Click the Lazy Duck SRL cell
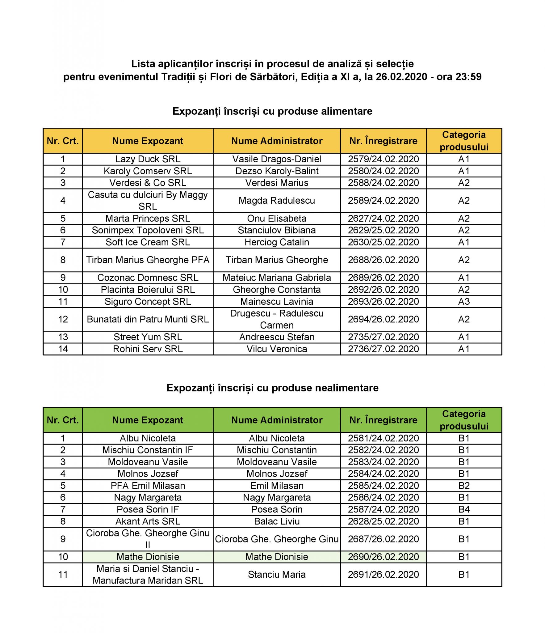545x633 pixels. tap(148, 159)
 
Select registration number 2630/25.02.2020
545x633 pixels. tap(383, 242)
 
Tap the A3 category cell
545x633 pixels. tap(463, 301)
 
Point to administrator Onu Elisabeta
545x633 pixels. tap(277, 219)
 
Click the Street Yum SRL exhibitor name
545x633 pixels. tap(148, 337)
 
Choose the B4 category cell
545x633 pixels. tap(463, 509)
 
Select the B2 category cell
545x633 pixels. tap(463, 486)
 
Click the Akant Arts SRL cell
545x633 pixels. tap(148, 521)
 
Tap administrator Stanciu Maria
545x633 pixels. tap(277, 575)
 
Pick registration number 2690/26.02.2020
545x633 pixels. tap(383, 557)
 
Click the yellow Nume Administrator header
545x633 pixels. tap(277, 141)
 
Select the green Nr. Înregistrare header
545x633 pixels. tap(383, 420)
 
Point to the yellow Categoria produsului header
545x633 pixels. tap(463, 141)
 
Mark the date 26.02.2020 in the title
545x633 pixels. tap(401, 77)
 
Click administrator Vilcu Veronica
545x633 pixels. tap(277, 349)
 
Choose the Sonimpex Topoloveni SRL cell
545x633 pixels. tap(148, 230)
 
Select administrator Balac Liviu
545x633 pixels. tap(277, 521)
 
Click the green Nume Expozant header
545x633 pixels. tap(148, 420)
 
